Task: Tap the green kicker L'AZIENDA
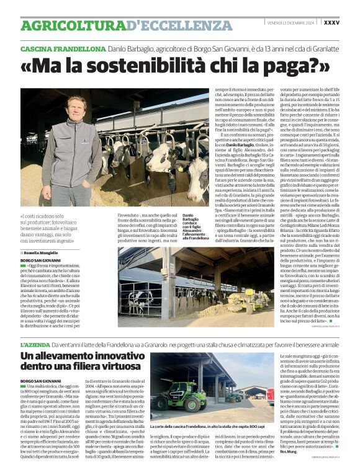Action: click(x=33, y=344)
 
